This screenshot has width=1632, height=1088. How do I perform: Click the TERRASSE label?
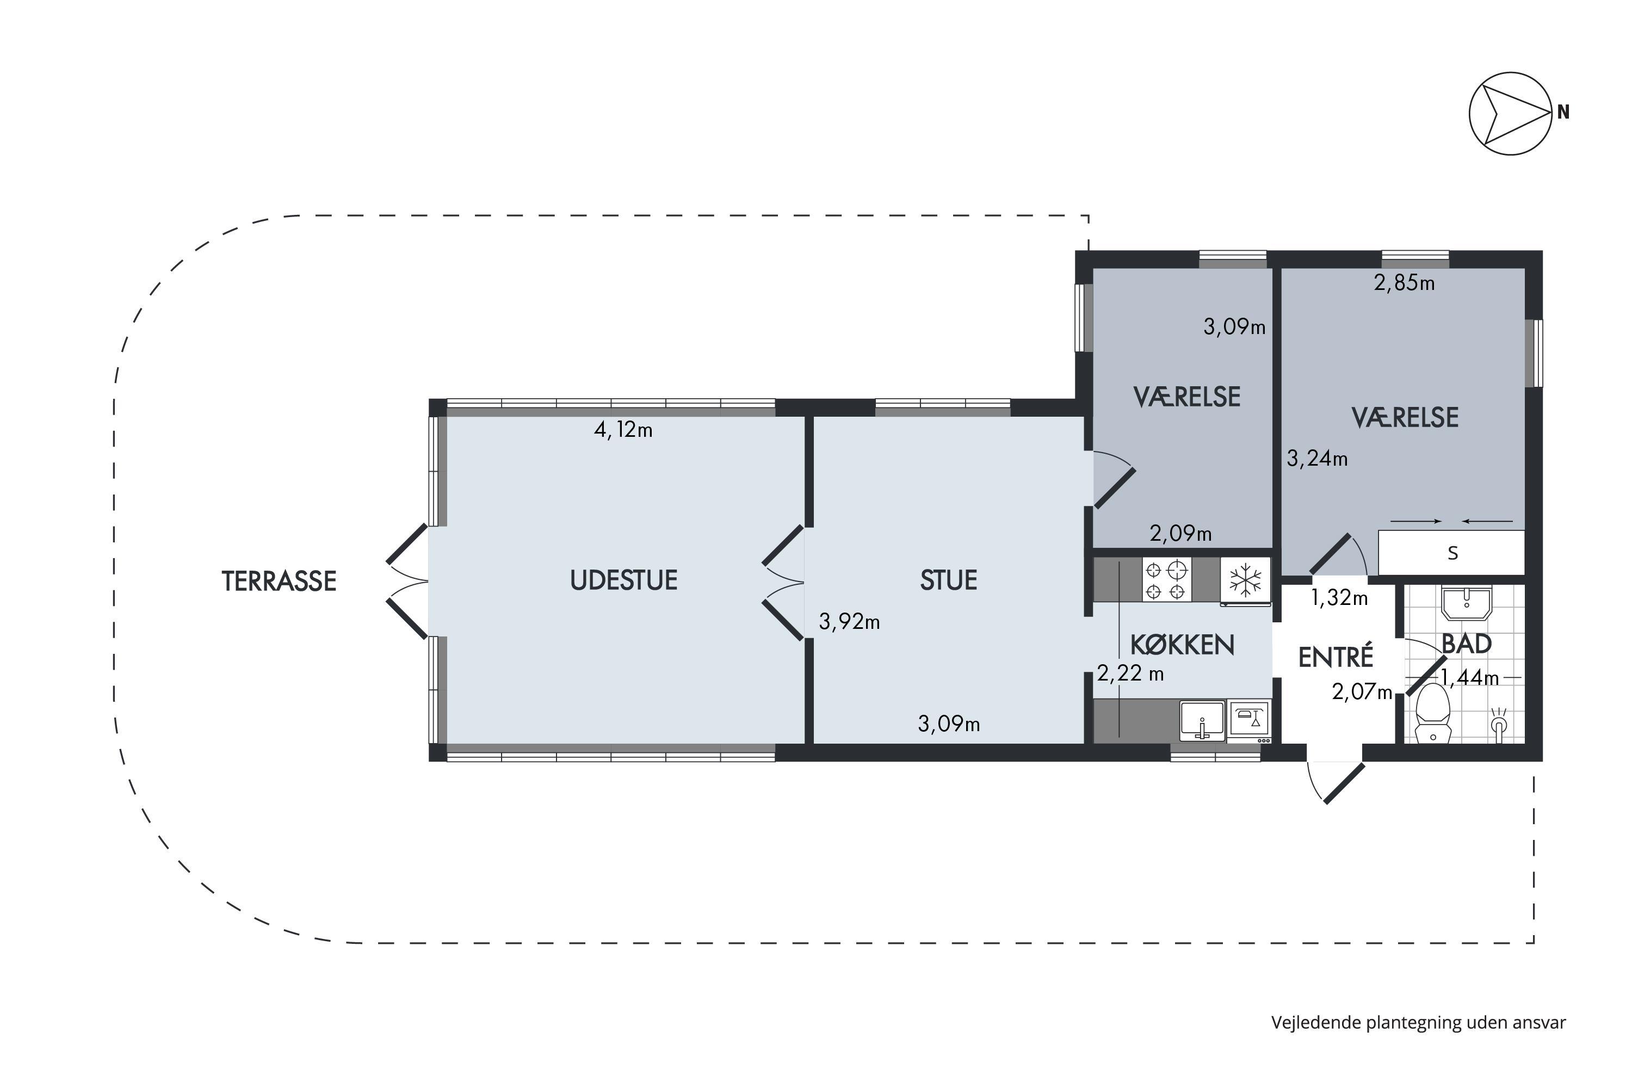point(279,582)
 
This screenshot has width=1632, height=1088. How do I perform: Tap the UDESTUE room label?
point(624,580)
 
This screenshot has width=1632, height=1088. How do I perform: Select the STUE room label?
point(949,580)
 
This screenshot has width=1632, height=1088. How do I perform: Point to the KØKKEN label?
point(1182,645)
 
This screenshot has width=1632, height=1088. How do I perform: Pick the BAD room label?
point(1467,644)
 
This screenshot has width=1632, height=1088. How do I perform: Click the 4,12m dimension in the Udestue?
point(623,430)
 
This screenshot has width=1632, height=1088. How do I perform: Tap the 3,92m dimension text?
point(849,622)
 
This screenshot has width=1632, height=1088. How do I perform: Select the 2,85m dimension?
point(1405,283)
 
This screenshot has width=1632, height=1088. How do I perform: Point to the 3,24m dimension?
point(1317,459)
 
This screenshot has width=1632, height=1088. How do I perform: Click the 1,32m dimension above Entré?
point(1339,597)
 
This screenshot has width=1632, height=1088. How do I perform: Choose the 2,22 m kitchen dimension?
point(1130,673)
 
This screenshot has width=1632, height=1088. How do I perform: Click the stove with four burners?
point(1166,580)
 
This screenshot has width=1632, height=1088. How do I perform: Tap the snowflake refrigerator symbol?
point(1246,580)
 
